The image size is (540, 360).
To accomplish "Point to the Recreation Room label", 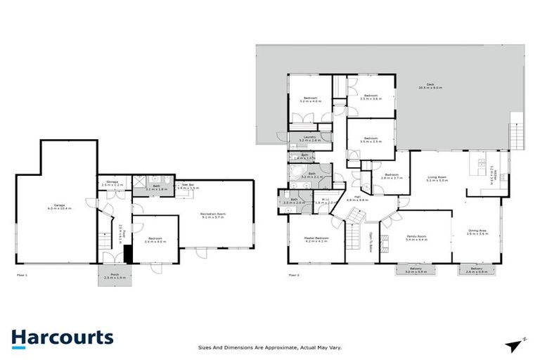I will click(x=214, y=215).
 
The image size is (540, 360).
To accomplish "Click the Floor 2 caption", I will click(x=294, y=274).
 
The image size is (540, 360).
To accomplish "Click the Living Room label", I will click(x=437, y=179).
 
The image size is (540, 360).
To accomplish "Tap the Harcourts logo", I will click(x=62, y=338).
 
